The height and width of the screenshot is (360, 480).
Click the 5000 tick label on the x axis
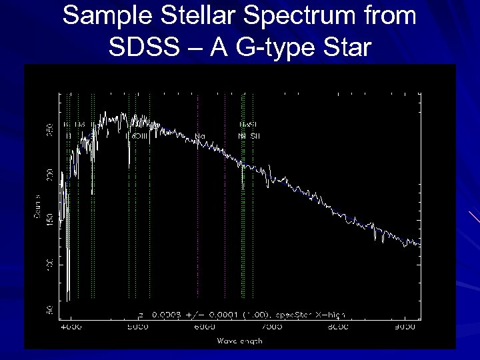point(138,327)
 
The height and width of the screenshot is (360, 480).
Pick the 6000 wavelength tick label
point(205,327)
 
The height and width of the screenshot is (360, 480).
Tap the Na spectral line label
point(200,136)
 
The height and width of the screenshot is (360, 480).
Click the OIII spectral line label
point(139,136)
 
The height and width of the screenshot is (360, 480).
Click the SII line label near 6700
point(255,136)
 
